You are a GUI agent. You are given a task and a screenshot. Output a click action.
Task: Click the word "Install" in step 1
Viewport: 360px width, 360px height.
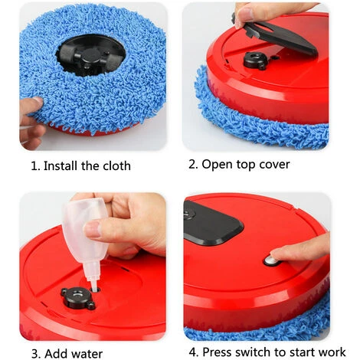(61, 166)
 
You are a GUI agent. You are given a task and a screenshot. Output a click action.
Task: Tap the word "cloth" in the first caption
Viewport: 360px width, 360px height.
(116, 166)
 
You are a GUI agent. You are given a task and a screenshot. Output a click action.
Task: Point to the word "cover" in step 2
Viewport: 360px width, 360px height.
(275, 165)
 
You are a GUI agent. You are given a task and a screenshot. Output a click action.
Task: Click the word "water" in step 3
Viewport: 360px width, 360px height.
(87, 354)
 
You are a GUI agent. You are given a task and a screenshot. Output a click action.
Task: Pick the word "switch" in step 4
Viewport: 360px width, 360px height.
(251, 352)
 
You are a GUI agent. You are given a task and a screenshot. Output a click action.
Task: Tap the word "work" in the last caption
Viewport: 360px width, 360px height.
(332, 352)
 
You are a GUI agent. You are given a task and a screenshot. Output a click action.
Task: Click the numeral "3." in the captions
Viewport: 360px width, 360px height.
(36, 354)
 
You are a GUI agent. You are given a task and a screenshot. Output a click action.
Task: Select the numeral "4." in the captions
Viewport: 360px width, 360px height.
(194, 352)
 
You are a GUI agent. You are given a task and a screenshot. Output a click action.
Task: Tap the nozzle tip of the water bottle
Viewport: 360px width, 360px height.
(94, 289)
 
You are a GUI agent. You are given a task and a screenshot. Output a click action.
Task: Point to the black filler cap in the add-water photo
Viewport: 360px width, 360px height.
(78, 298)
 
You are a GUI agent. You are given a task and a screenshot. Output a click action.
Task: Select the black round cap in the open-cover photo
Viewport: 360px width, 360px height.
(255, 61)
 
